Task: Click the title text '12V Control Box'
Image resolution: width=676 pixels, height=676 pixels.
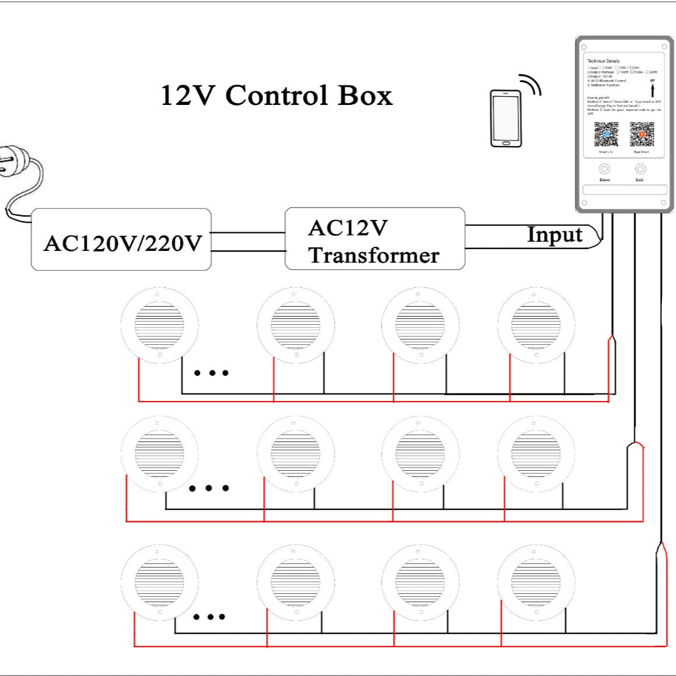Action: point(276,96)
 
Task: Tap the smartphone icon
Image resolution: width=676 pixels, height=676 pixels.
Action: point(505,118)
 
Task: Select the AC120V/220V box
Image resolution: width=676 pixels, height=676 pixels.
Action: point(121,240)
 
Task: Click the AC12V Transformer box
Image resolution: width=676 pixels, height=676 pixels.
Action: point(375,239)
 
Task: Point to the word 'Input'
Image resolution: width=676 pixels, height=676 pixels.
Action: point(554,235)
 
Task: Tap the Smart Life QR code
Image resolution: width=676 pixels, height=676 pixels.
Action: point(606,134)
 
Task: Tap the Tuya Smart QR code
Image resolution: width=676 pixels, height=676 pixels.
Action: point(641,134)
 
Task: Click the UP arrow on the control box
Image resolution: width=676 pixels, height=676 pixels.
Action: point(653,89)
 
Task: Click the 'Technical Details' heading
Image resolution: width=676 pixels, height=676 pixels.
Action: point(603,61)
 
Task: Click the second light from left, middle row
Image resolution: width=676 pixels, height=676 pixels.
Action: point(295,453)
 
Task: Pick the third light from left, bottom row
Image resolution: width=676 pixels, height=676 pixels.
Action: point(420,582)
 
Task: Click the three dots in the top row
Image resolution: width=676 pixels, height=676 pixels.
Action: point(211,373)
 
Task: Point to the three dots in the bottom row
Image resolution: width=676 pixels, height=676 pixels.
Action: point(209,617)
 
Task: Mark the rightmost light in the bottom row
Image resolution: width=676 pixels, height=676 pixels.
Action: point(536,582)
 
